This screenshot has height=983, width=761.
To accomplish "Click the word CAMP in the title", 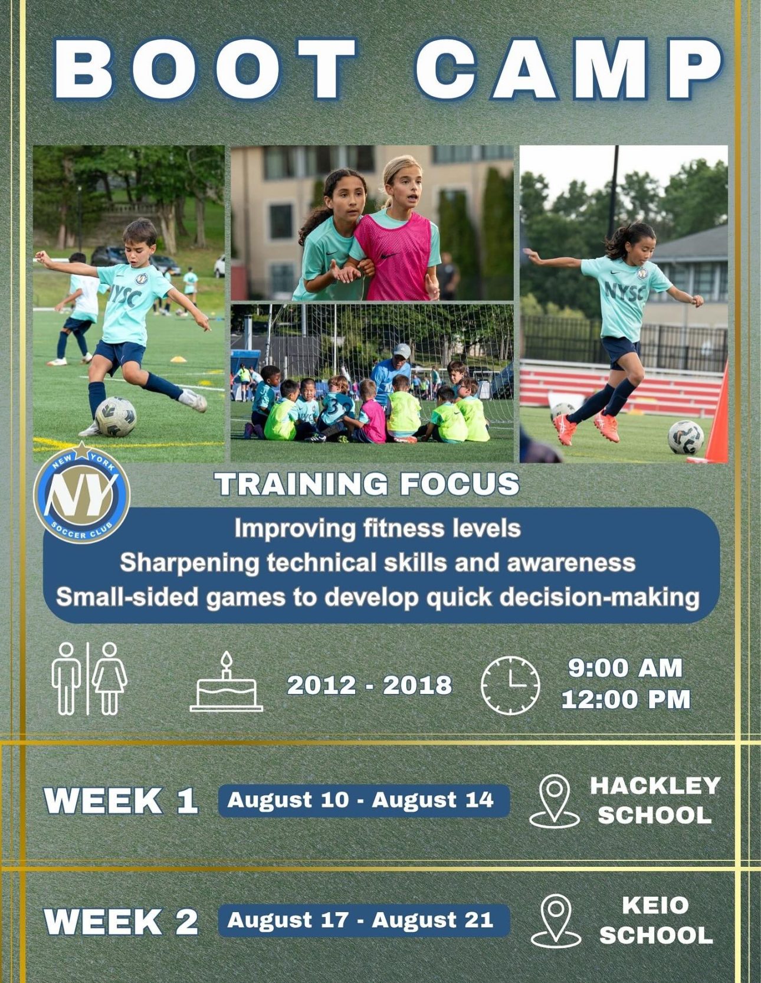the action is pos(569,69).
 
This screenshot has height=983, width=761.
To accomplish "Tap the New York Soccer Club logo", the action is pos(81,493).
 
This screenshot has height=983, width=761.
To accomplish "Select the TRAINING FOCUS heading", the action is pos(367,484).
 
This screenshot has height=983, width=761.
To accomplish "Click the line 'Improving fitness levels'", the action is pos(378,528).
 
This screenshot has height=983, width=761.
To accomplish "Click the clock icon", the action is pos(510,686).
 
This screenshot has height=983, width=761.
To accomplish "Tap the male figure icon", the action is pos(65,679).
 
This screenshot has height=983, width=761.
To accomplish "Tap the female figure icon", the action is pos(110,679).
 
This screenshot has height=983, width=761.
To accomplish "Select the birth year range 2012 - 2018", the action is pos(369,685).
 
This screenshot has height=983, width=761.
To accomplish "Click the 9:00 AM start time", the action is pos(625,668).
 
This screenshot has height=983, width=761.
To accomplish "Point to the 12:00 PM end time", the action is pos(625,700).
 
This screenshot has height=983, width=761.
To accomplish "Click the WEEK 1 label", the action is pos(121,801).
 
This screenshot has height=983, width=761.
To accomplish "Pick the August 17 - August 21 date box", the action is pos(363,920).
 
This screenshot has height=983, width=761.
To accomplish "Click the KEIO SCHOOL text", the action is pos(656,920).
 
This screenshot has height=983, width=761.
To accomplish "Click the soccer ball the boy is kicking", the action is pos(116,417).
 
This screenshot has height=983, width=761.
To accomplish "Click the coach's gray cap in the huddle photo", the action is pos(402,351).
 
